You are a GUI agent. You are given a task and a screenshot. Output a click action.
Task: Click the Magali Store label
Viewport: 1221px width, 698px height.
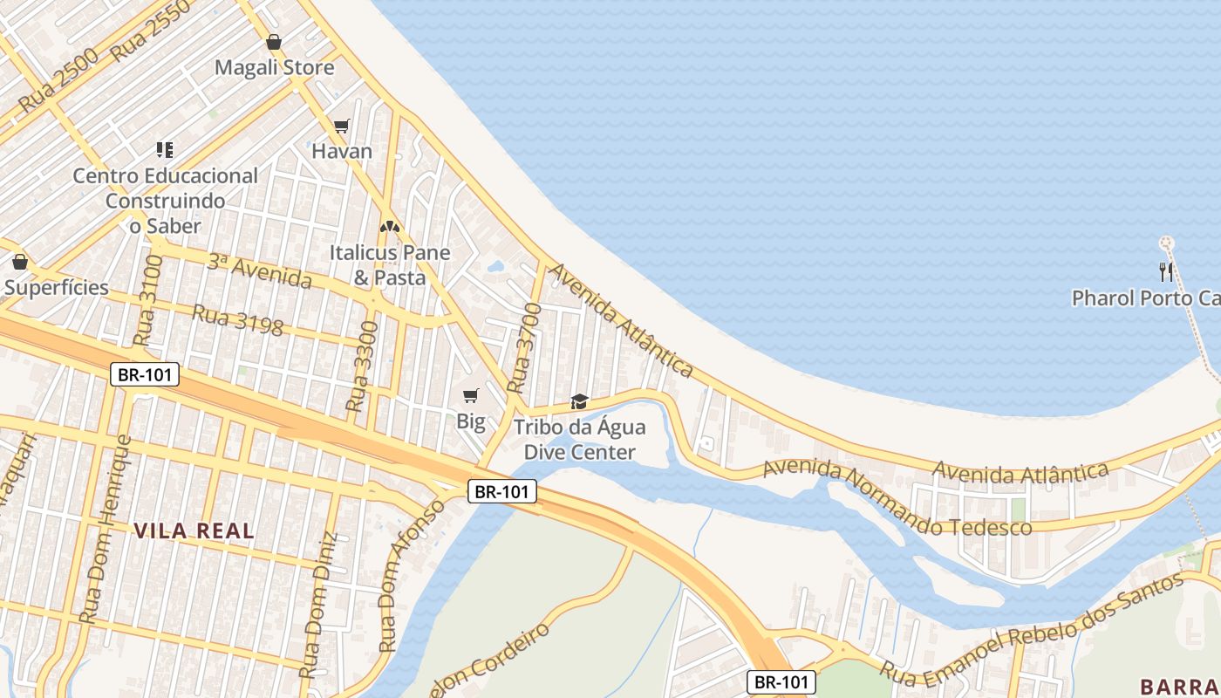pyautogui.click(x=274, y=67)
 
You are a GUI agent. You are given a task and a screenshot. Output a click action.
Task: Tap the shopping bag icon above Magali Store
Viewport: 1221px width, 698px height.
pyautogui.click(x=274, y=42)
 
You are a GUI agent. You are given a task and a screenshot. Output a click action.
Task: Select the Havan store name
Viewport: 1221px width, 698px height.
pyautogui.click(x=342, y=151)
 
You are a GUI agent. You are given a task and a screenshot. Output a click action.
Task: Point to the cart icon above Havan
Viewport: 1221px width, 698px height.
pyautogui.click(x=342, y=127)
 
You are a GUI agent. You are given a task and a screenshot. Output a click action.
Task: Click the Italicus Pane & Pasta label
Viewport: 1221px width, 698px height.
pyautogui.click(x=389, y=265)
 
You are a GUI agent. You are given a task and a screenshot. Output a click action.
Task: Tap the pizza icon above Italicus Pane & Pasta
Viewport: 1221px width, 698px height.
pyautogui.click(x=389, y=227)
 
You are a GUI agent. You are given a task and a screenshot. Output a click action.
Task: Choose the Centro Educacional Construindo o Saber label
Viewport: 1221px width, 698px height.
pyautogui.click(x=165, y=201)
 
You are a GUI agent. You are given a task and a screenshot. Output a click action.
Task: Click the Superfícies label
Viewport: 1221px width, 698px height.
pyautogui.click(x=57, y=287)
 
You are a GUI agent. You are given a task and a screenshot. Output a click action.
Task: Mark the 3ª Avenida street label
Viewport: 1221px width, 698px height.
pyautogui.click(x=259, y=270)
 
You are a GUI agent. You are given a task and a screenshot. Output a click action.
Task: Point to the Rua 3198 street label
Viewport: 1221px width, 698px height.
pyautogui.click(x=238, y=320)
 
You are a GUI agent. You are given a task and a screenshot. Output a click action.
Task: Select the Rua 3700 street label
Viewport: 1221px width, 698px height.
pyautogui.click(x=518, y=348)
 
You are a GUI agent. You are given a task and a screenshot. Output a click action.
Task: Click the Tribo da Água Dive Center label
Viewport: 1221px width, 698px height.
pyautogui.click(x=579, y=440)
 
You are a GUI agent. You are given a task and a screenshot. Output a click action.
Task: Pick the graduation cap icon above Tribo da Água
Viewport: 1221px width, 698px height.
pyautogui.click(x=579, y=401)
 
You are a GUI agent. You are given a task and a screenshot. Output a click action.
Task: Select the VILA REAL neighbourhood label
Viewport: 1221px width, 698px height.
pyautogui.click(x=194, y=530)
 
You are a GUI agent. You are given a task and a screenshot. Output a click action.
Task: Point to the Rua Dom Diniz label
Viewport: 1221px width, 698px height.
pyautogui.click(x=317, y=606)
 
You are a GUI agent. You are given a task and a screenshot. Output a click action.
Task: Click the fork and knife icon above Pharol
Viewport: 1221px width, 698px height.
pyautogui.click(x=1165, y=270)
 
